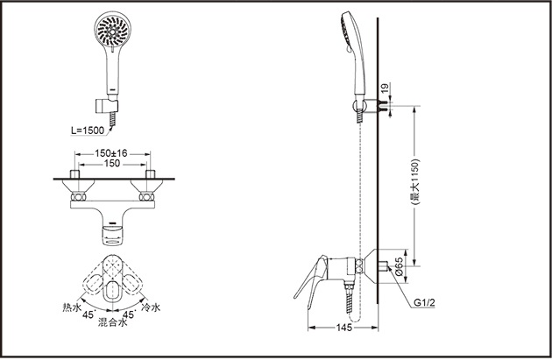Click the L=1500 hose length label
pos(88,131)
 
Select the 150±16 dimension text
pos(111,153)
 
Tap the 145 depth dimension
pos(344,328)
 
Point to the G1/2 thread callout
pos(424,303)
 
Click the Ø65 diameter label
pos(399,266)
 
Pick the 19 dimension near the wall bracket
pos(385,88)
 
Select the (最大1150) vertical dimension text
pos(415,182)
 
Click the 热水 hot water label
pos(72,307)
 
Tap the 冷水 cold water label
pos(151,307)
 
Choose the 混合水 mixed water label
pos(112,322)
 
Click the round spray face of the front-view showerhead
pos(113,31)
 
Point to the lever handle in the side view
pos(311,277)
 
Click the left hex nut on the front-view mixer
pos(78,197)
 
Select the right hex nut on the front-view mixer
pos(146,197)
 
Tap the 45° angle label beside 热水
pos(89,314)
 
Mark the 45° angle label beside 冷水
pos(129,314)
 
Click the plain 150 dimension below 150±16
pos(112,164)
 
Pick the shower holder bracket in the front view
pos(107,106)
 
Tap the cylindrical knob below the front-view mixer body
pos(113,235)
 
